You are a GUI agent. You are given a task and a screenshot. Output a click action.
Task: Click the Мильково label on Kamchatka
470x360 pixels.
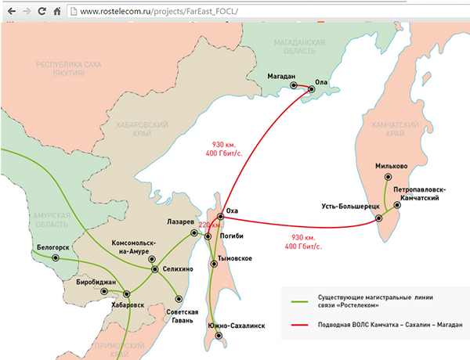[x=390, y=166]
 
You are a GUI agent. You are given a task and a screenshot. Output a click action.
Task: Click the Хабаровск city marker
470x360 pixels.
[x=125, y=295]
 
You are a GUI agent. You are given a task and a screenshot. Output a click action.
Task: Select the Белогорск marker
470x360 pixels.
[x=56, y=257]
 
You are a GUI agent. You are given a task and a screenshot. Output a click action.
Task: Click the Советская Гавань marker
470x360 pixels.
[x=179, y=298]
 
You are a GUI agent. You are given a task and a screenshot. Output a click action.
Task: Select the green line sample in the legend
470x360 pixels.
[x=298, y=301]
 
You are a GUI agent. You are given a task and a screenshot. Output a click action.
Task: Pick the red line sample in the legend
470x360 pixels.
[x=298, y=326]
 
